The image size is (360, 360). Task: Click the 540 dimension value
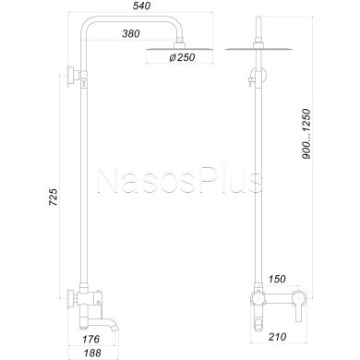pyautogui.click(x=143, y=6)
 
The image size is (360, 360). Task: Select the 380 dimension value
pyautogui.click(x=131, y=33)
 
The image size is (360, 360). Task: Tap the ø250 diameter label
pyautogui.click(x=182, y=57)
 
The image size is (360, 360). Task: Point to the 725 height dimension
pyautogui.click(x=53, y=197)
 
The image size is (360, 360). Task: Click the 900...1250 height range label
pyautogui.click(x=306, y=134)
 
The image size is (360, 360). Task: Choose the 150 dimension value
pyautogui.click(x=277, y=279)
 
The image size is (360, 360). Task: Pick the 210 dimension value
pyautogui.click(x=277, y=337)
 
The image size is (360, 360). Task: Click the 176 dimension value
pyautogui.click(x=91, y=339)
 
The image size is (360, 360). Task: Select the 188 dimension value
pyautogui.click(x=92, y=353)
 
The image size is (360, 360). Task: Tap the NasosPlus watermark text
pyautogui.click(x=180, y=181)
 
